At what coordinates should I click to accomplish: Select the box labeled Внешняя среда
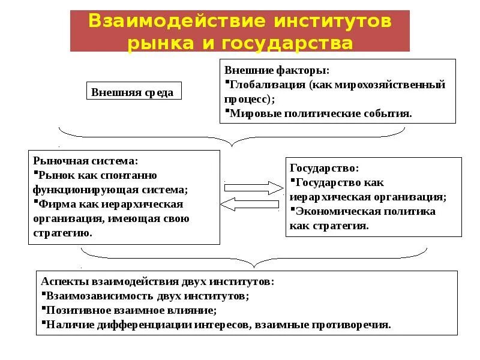(133, 92)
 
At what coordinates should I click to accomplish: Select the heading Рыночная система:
(86, 161)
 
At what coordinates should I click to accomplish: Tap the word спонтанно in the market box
(128, 175)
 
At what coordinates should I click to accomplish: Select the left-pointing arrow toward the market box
(253, 205)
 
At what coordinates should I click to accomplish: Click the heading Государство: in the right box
(325, 169)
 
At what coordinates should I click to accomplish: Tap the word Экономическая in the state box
(332, 211)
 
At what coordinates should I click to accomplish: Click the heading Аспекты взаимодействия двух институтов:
(158, 281)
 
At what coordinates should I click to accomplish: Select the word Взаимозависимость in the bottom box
(93, 296)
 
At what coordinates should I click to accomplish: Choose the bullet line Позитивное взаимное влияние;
(130, 310)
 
